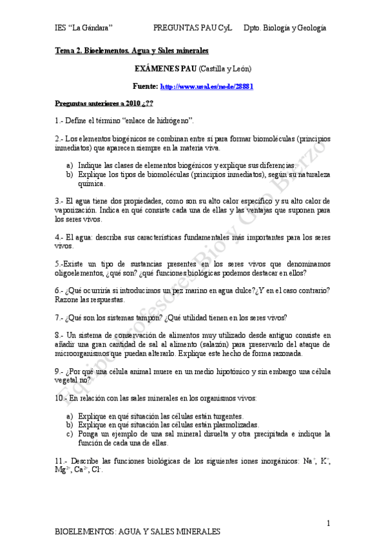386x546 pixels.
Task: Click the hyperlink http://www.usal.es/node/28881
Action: tap(206, 86)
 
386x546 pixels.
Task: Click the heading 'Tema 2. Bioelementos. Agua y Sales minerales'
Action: tap(131, 50)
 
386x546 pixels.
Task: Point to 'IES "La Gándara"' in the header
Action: tap(84, 28)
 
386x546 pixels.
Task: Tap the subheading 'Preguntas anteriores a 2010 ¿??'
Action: tap(104, 103)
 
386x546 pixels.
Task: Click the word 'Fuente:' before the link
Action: tap(145, 86)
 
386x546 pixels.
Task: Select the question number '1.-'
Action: tap(60, 120)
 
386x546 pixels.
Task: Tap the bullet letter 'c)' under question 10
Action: tap(70, 434)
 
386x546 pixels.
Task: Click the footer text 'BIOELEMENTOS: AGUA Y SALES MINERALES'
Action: tap(138, 532)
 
